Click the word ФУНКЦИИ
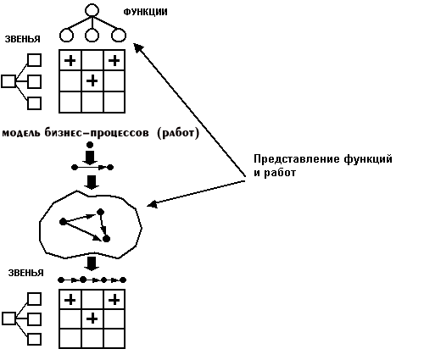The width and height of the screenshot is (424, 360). (x=145, y=12)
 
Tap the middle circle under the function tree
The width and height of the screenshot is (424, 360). (x=92, y=36)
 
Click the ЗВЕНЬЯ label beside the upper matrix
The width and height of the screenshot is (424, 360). (x=23, y=39)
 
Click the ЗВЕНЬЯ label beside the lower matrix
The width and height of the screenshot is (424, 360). (x=26, y=273)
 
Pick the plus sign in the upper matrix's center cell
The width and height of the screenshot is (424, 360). (x=92, y=81)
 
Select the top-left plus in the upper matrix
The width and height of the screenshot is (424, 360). (x=70, y=60)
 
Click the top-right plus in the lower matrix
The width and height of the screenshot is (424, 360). (x=114, y=299)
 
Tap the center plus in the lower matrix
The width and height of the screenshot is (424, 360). (x=92, y=319)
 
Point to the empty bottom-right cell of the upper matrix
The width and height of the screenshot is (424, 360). (x=114, y=102)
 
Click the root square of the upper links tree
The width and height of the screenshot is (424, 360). (x=8, y=81)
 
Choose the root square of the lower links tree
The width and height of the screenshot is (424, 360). (x=8, y=318)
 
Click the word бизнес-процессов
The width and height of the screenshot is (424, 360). (x=97, y=133)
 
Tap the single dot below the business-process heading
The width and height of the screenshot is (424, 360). (x=90, y=145)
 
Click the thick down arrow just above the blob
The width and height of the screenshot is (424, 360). (x=92, y=182)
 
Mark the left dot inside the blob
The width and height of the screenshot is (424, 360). (x=63, y=222)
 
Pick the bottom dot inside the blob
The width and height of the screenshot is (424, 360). (x=106, y=239)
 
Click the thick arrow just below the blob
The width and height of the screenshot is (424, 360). (x=92, y=263)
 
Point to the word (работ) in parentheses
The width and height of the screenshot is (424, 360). (x=178, y=133)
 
